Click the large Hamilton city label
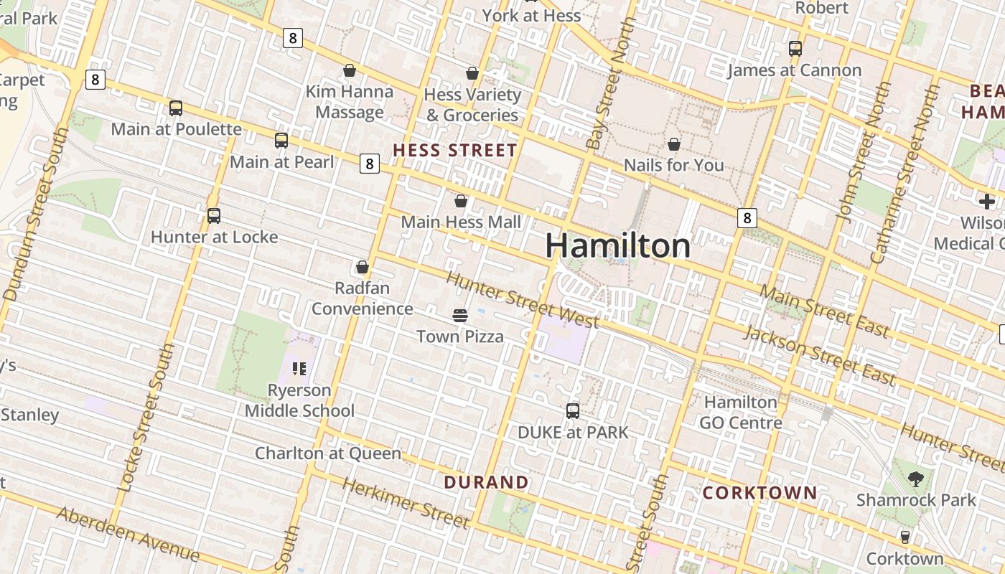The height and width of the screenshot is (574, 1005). pyautogui.click(x=618, y=246)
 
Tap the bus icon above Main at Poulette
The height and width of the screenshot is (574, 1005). pyautogui.click(x=176, y=108)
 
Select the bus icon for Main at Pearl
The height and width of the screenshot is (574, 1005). pyautogui.click(x=281, y=141)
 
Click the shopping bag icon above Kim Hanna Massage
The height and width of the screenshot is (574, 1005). pyautogui.click(x=350, y=70)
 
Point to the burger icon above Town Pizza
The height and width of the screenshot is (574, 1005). pyautogui.click(x=460, y=316)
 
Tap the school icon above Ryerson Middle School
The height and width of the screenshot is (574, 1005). pyautogui.click(x=299, y=369)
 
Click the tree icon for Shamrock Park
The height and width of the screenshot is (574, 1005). pyautogui.click(x=916, y=479)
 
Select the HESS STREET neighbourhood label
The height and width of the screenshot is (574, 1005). pyautogui.click(x=455, y=151)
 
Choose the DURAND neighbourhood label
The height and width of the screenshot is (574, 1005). pyautogui.click(x=486, y=482)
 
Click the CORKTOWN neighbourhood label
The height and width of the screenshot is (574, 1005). pyautogui.click(x=759, y=493)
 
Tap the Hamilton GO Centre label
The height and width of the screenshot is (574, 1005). pyautogui.click(x=741, y=413)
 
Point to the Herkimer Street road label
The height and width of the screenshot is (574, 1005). pyautogui.click(x=406, y=504)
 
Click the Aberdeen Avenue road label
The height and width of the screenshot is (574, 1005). pyautogui.click(x=128, y=533)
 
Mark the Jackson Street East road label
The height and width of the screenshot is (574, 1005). pyautogui.click(x=820, y=354)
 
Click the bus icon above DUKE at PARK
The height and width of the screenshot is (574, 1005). pyautogui.click(x=573, y=411)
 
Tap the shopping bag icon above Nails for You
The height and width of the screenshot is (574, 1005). pyautogui.click(x=674, y=145)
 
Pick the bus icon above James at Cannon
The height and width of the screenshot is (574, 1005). pyautogui.click(x=795, y=49)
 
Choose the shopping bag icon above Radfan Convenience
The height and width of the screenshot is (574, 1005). pyautogui.click(x=363, y=268)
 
